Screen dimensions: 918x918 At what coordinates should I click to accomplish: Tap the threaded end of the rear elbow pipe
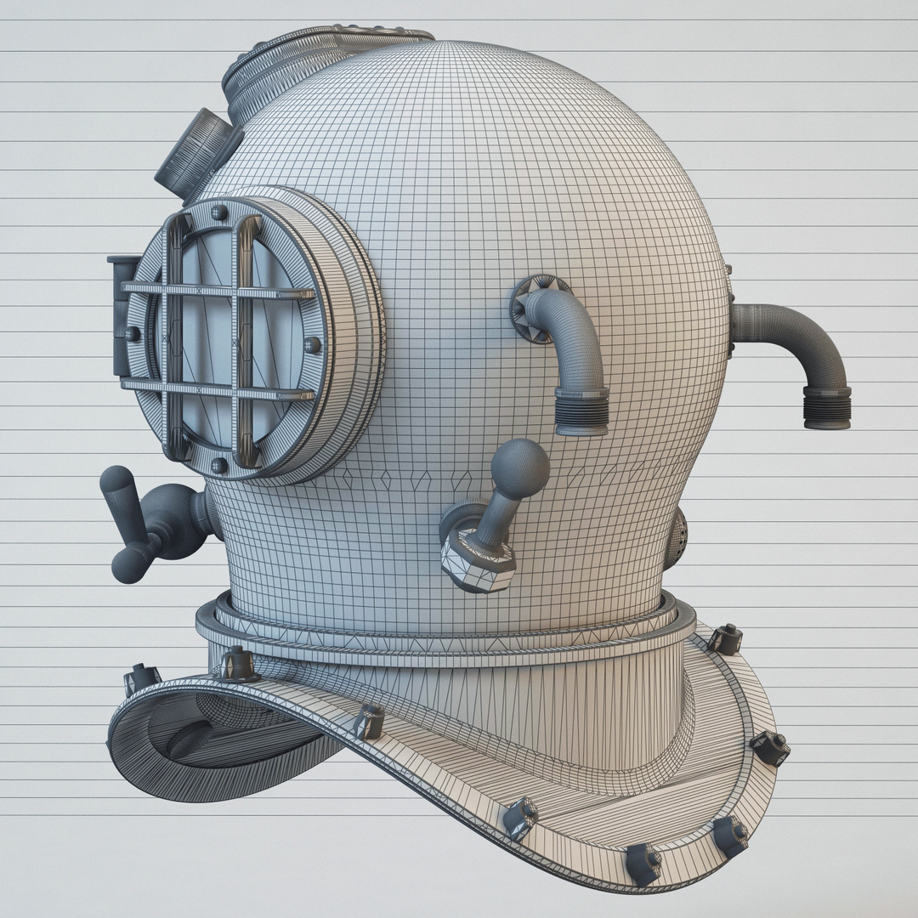point(827,407)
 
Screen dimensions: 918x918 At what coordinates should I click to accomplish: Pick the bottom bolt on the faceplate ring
point(218,465)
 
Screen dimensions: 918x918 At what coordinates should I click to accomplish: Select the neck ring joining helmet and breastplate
point(442,633)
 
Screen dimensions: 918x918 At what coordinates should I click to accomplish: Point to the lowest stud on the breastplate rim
point(643,863)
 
